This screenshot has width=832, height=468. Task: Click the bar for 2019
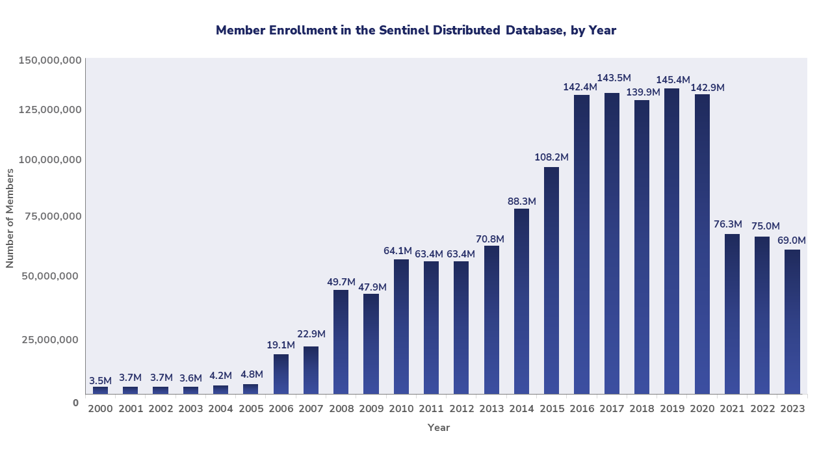pos(671,241)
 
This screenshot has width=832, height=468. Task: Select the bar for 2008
pos(341,342)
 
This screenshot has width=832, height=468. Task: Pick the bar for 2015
pos(551,280)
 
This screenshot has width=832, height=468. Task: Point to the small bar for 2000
pos(101,390)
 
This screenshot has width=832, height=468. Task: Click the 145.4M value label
pos(673,81)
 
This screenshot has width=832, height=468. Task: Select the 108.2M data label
pos(551,157)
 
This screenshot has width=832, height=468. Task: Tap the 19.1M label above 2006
pos(281,345)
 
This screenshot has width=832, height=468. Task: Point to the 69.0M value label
pos(792,240)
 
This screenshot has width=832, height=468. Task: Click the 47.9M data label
pos(371,287)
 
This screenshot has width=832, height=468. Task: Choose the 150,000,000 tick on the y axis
pos(50,60)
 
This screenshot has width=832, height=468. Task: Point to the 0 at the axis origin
pos(75,403)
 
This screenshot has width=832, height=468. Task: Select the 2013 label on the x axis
pos(491,409)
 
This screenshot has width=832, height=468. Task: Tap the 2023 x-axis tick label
pos(792,409)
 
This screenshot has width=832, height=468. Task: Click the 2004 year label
pos(220,409)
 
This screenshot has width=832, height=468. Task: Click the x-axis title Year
pos(439,428)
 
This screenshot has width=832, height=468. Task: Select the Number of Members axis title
pos(10,218)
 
